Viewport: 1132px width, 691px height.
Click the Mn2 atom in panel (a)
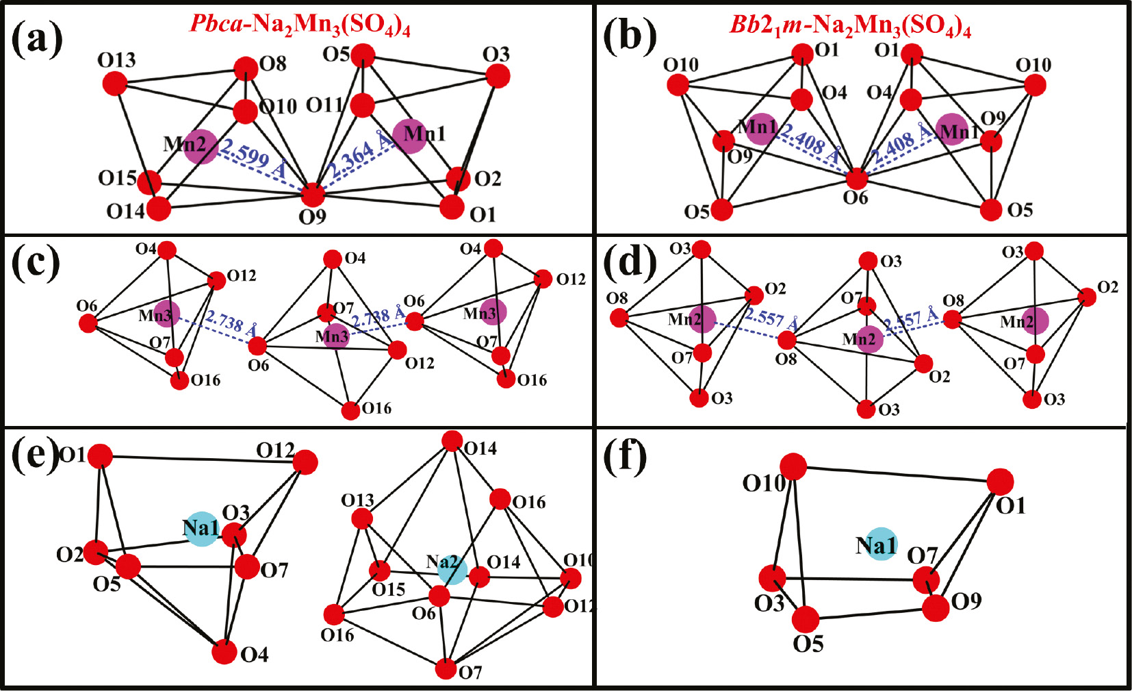200,146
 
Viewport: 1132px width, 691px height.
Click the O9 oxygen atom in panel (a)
313,195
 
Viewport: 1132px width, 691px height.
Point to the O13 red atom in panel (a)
115,84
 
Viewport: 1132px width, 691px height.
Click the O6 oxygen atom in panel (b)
856,179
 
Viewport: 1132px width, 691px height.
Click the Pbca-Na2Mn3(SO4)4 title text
300,25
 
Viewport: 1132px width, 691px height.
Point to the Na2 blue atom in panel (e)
452,570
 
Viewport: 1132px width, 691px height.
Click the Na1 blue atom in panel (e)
202,529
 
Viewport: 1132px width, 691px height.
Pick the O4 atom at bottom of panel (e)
224,653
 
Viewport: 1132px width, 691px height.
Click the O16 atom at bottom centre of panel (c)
350,410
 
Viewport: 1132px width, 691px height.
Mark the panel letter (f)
625,457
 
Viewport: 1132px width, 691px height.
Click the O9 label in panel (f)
966,601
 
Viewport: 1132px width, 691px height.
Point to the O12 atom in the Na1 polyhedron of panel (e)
305,462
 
